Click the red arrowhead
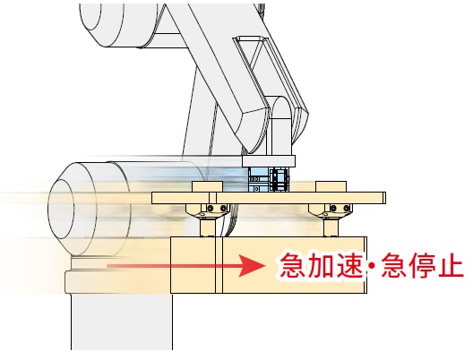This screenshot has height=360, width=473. (x=252, y=266)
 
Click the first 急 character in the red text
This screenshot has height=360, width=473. (x=291, y=265)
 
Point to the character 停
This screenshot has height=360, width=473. (x=421, y=265)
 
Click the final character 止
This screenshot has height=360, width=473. (x=451, y=265)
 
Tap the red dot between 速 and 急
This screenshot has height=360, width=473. (x=373, y=266)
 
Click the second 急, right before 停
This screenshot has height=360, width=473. (x=393, y=265)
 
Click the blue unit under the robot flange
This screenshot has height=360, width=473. (x=269, y=179)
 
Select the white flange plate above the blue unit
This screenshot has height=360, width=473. (x=269, y=161)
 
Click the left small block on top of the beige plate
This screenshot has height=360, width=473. (x=208, y=186)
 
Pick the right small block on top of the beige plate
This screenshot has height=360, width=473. (x=331, y=186)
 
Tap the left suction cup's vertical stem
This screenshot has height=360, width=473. (x=208, y=227)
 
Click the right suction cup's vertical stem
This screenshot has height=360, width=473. (x=331, y=227)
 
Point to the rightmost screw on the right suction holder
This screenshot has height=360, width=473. (x=347, y=208)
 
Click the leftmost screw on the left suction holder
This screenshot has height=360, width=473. (x=211, y=208)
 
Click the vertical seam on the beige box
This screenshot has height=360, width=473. (x=219, y=265)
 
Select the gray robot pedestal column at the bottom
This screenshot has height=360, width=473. (x=122, y=322)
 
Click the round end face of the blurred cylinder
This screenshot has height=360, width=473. (x=61, y=208)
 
